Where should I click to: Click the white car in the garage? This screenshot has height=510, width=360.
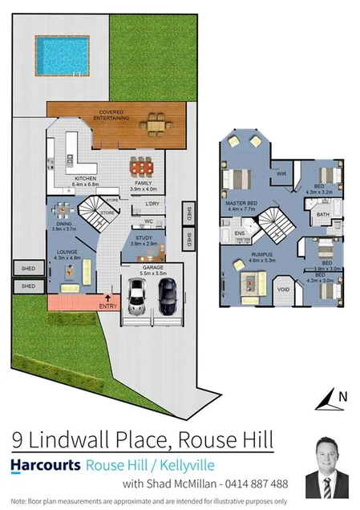[x=136, y=296]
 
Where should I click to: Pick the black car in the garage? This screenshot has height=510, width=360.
[x=168, y=296]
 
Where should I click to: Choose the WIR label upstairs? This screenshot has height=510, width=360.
[x=281, y=173]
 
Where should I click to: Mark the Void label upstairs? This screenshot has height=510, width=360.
[x=283, y=289]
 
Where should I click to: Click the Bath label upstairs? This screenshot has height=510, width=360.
[x=323, y=215]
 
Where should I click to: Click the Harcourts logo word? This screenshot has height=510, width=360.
[x=46, y=465]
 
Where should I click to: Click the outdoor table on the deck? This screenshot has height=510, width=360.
[x=154, y=124]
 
